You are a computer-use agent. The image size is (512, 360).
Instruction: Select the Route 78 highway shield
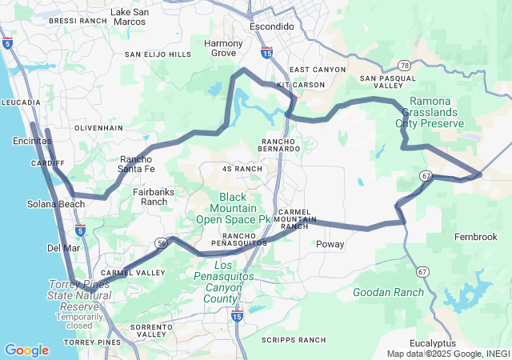404,66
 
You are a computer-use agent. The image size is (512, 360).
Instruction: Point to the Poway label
330,244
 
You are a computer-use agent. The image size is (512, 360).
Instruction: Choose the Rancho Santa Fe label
136,163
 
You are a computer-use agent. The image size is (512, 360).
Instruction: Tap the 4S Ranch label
242,169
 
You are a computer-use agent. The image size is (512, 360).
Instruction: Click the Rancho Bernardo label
280,144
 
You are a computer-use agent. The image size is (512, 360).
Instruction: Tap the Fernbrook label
476,237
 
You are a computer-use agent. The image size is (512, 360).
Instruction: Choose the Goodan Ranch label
389,292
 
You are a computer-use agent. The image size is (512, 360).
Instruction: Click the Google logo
26,350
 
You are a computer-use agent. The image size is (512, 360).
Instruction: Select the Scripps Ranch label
294,340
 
